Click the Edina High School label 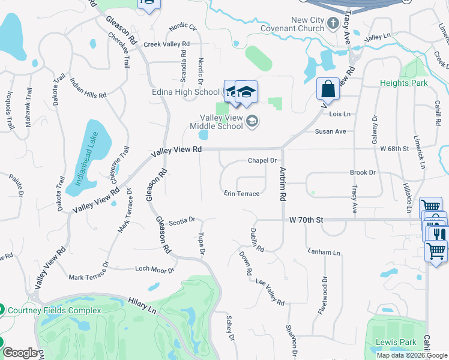point(191,92)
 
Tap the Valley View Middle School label point(216,122)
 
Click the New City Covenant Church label point(291,24)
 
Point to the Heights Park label point(404,83)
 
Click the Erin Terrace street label point(242,194)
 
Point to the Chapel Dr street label point(262,161)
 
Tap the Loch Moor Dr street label point(154,270)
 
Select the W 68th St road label point(394,148)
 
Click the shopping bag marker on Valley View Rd point(328,89)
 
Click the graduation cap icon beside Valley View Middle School point(253,122)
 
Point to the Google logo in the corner point(20,353)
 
